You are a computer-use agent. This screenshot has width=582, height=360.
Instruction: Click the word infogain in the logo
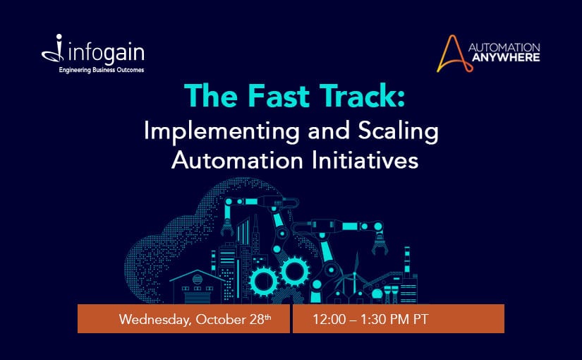(107, 53)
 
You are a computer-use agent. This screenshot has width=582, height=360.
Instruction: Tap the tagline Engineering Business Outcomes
(102, 70)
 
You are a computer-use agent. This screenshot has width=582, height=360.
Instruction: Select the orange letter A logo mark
(454, 54)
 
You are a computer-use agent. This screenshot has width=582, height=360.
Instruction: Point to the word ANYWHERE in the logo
(506, 57)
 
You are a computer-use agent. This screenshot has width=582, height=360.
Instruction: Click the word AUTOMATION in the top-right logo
(504, 47)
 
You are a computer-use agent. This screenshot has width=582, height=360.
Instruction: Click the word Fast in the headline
(279, 96)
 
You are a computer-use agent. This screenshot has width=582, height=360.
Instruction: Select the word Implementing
(222, 131)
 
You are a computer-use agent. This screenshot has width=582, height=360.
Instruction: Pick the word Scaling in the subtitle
(399, 131)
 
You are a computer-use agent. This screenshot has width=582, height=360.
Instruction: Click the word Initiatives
(365, 160)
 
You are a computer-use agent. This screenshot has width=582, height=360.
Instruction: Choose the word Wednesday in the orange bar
(155, 320)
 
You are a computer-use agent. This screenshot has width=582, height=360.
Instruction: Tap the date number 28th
(260, 319)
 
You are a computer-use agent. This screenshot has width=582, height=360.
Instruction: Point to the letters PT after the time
(421, 319)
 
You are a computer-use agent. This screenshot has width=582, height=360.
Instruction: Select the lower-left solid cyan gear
(264, 282)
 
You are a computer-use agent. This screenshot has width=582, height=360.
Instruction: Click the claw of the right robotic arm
(380, 245)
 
